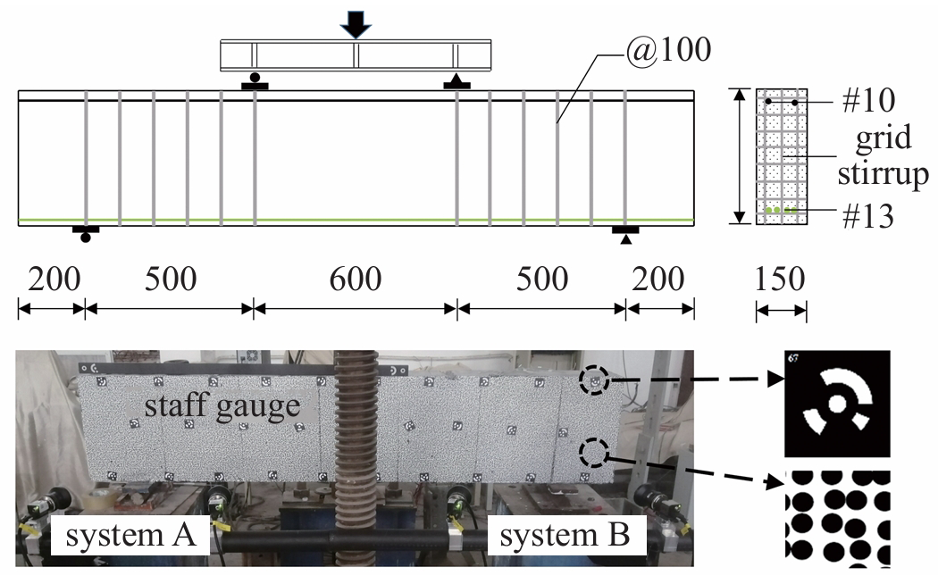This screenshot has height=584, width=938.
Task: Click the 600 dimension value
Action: coord(355,279)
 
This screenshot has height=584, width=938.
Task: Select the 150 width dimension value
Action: coord(781,279)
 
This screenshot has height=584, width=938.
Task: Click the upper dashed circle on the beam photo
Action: coord(592,381)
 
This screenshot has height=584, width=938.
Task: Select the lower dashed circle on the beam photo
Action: coord(592,453)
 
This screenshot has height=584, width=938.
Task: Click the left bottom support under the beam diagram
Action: coord(86,234)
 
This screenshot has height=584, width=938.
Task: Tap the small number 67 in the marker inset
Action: coord(793,359)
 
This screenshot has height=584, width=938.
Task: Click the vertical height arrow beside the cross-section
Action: coord(740,157)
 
